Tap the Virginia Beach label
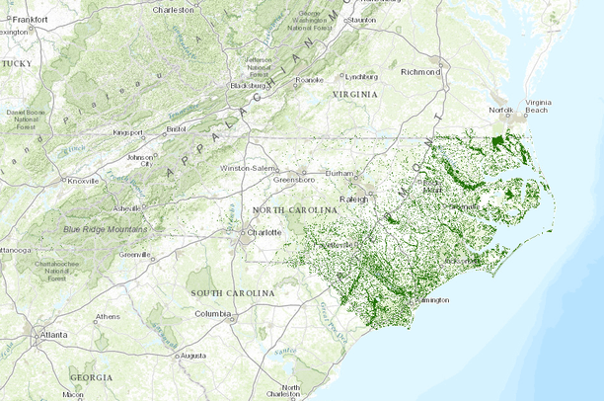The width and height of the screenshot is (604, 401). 538,107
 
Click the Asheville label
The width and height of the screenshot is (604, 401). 128,209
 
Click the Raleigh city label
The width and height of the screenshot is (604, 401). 353,199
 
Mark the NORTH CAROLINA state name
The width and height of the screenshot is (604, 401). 288,211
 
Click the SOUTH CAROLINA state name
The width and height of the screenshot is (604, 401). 232,293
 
